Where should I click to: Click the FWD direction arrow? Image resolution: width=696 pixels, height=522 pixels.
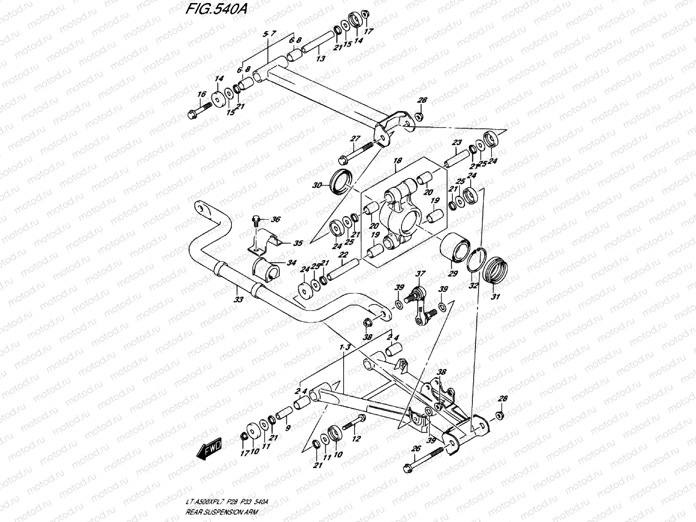click(210, 449)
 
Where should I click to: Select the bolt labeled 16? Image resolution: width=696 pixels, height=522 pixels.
click(199, 110)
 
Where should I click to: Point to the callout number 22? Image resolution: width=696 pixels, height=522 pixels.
click(343, 255)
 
